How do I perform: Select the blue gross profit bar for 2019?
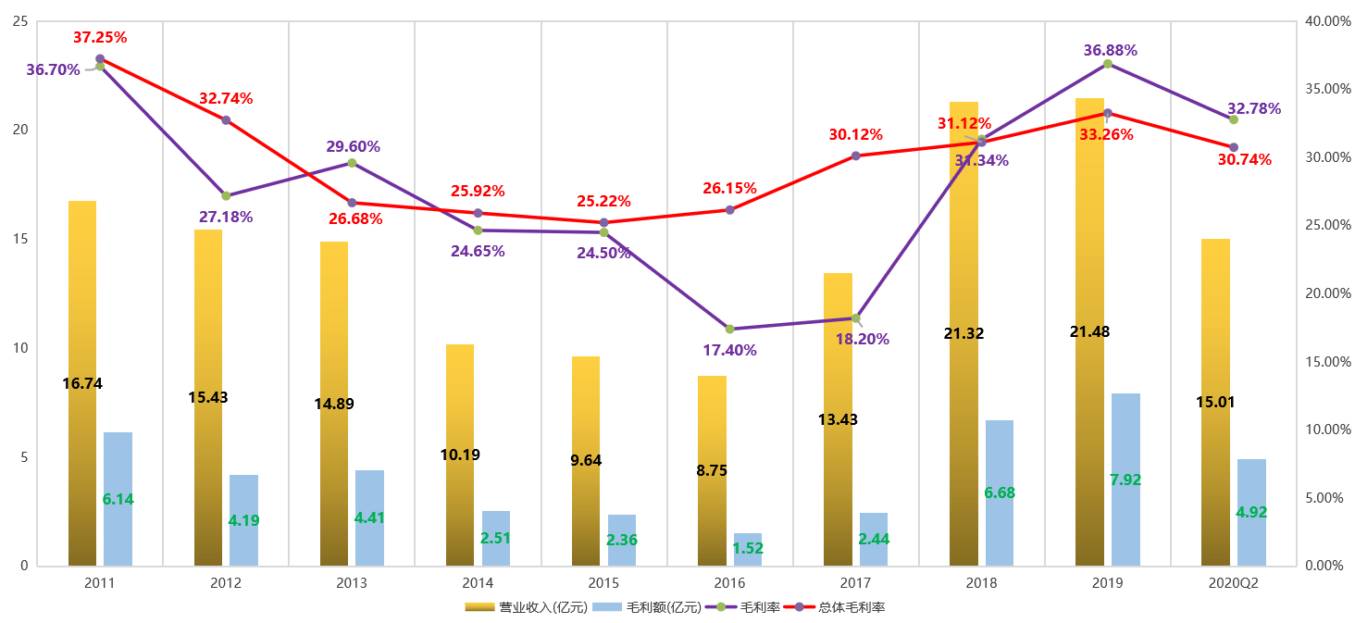(1125, 444)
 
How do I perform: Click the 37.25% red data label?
(100, 38)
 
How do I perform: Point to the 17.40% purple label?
(729, 351)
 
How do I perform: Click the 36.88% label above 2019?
(1110, 50)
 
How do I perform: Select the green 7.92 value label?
(1125, 480)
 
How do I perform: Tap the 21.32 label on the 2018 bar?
(963, 333)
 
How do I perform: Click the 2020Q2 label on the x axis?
(1233, 583)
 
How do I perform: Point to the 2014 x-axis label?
(478, 583)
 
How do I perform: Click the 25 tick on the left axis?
(19, 21)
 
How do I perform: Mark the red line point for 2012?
(226, 120)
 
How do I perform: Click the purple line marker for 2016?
(729, 330)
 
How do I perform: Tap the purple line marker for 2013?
(352, 163)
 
